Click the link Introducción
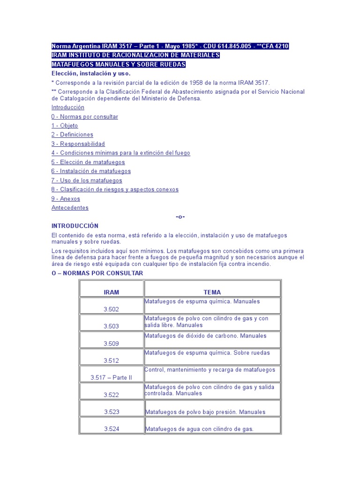[x=68, y=107]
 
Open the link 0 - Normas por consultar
[x=85, y=117]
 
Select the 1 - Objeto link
[x=65, y=126]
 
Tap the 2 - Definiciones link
[x=72, y=135]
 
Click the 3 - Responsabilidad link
[x=78, y=144]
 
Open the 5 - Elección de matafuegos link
[x=88, y=162]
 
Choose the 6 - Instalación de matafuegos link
[x=91, y=171]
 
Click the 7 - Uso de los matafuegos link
[x=87, y=180]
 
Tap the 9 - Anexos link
[x=66, y=199]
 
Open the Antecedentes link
[x=70, y=208]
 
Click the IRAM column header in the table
[x=112, y=292]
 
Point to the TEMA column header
[x=212, y=292]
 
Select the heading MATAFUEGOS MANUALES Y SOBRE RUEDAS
[x=119, y=64]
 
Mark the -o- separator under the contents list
[x=180, y=217]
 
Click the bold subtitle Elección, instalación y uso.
[x=91, y=74]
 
